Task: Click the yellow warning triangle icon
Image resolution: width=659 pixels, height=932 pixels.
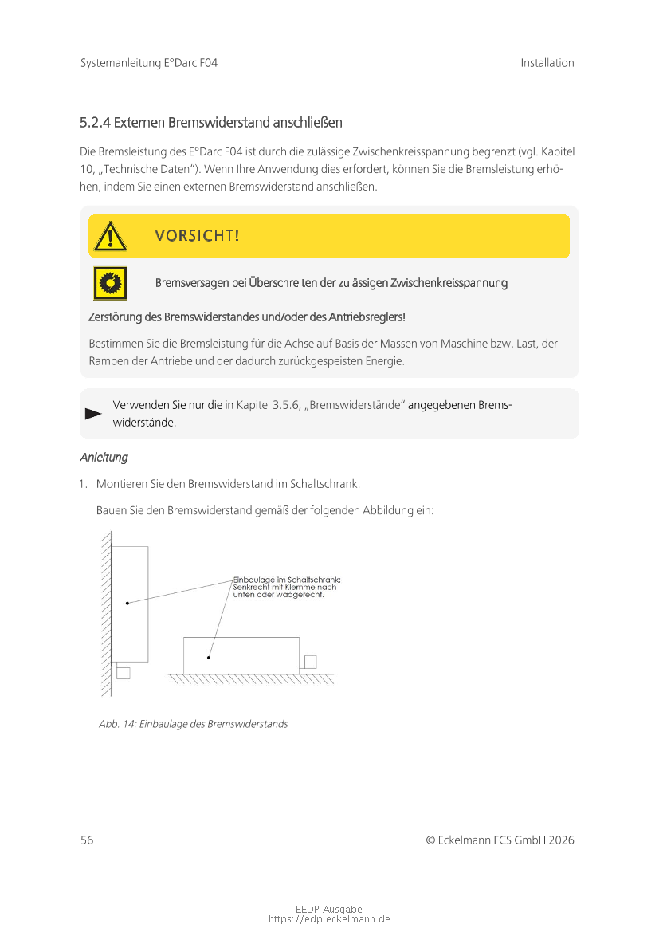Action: [x=110, y=236]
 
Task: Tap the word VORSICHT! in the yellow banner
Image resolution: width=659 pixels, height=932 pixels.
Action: [x=197, y=236]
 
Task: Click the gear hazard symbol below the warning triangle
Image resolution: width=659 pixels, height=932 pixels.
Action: [x=110, y=283]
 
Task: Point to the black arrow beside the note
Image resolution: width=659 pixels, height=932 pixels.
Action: [x=93, y=414]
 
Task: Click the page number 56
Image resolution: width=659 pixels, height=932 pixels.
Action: [x=87, y=840]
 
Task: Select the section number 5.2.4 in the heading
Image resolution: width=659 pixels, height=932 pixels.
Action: [x=95, y=123]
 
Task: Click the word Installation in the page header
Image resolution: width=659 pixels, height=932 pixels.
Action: [x=547, y=63]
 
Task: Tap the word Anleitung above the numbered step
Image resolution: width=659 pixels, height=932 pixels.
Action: [x=104, y=458]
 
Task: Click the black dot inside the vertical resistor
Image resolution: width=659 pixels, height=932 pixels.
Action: [x=127, y=604]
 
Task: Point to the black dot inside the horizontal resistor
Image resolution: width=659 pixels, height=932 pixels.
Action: [x=209, y=658]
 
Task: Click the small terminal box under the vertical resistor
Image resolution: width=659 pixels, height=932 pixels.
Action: [x=124, y=672]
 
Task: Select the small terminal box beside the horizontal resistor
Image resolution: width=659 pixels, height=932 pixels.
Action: [x=310, y=662]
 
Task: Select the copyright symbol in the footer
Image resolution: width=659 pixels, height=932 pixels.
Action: [x=430, y=840]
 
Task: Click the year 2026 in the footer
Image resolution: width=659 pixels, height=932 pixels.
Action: [x=561, y=840]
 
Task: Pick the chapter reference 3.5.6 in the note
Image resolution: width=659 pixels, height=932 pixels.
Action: [x=286, y=405]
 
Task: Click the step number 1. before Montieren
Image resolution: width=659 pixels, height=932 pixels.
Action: [x=83, y=484]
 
